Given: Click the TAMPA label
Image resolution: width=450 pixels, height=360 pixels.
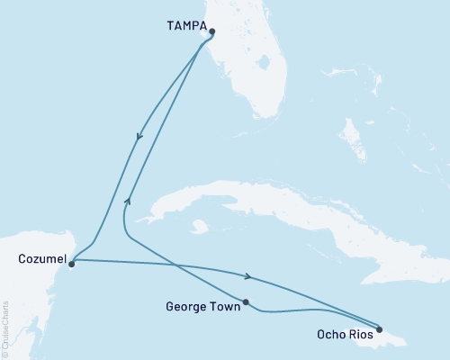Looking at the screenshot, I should tap(185, 27).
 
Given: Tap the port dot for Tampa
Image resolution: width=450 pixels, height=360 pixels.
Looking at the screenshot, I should tap(211, 32).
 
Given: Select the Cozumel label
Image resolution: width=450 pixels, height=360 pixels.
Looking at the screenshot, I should tap(40, 259).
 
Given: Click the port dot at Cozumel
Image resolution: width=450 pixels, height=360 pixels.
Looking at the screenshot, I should tap(71, 264).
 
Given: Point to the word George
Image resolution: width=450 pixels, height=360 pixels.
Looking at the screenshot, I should tap(186, 307).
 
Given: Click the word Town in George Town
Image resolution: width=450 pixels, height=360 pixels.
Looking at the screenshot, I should tap(223, 307).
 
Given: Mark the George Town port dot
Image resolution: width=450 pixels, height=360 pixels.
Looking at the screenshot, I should tap(246, 302).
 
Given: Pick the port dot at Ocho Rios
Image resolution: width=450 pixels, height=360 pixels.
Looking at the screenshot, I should tap(380, 329).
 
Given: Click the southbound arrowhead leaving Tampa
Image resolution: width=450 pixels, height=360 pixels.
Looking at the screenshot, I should tap(139, 138).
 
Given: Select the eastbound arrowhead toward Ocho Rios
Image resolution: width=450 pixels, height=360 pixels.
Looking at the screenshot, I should tap(247, 274).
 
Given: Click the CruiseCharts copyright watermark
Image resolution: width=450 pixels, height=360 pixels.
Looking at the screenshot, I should tap(5, 328).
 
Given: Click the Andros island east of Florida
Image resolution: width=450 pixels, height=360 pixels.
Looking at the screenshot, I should tap(354, 135).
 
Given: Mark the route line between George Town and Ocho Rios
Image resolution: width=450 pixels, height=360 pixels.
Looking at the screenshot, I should tap(306, 311).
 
